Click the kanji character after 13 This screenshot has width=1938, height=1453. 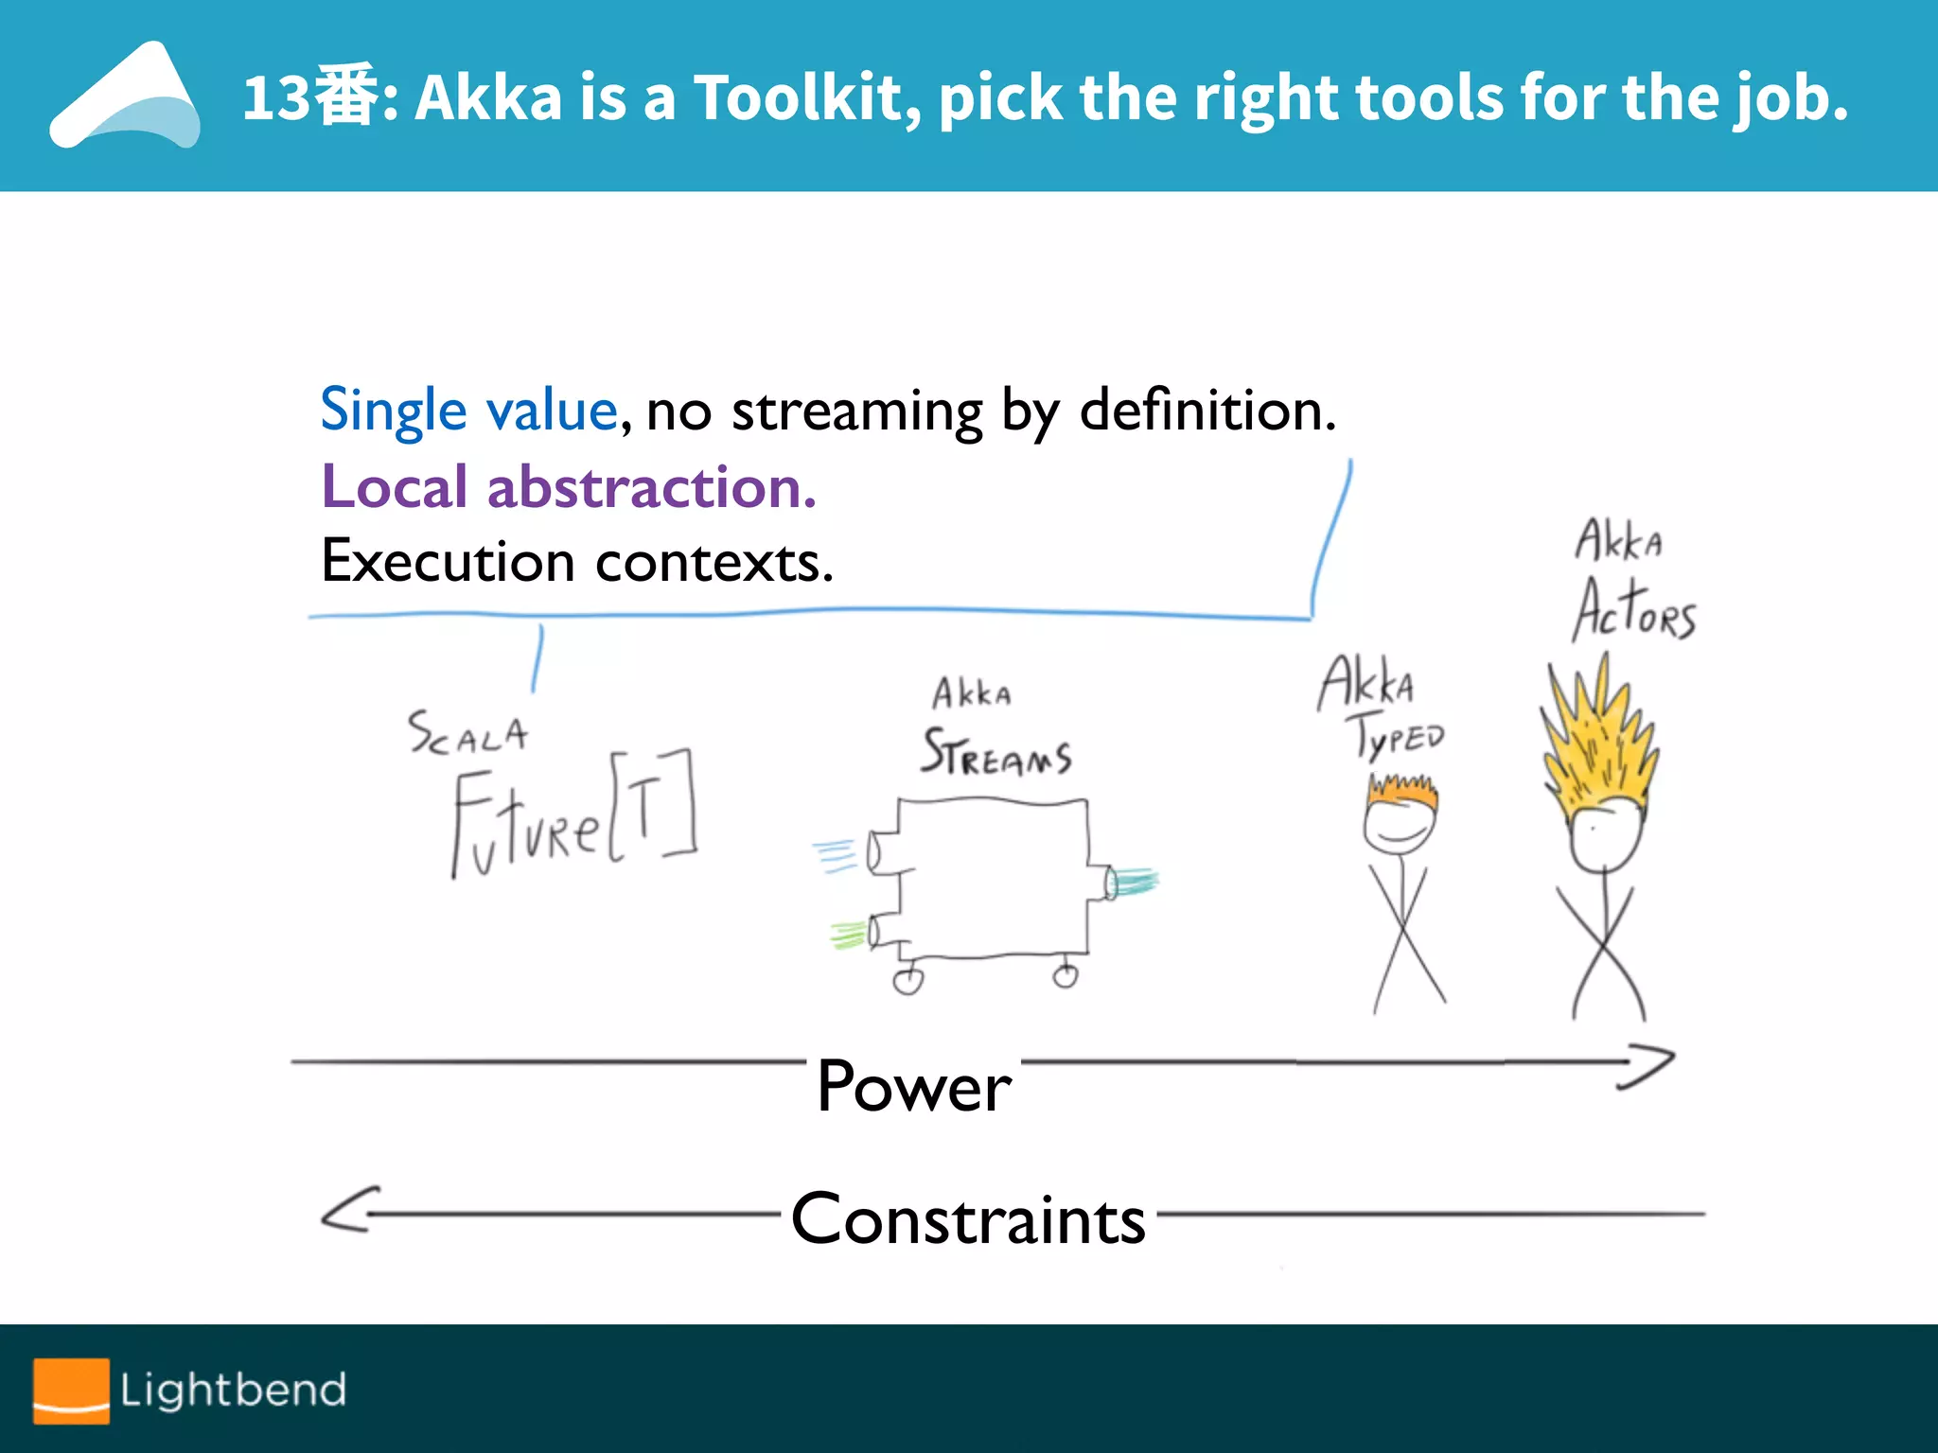tap(344, 96)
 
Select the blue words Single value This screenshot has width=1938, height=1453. tap(469, 411)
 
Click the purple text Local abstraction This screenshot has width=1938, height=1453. tap(569, 488)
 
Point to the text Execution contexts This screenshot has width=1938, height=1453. tap(577, 562)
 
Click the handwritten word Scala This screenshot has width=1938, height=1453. tap(467, 733)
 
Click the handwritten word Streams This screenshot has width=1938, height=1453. tap(996, 754)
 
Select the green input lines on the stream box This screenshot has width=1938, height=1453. tap(849, 935)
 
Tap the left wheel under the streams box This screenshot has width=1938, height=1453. tap(908, 980)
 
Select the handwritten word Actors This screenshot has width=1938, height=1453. tap(1634, 610)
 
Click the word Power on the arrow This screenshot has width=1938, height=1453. tap(914, 1086)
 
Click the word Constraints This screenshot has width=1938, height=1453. tap(968, 1218)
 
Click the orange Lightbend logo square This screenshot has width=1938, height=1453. tap(71, 1390)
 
